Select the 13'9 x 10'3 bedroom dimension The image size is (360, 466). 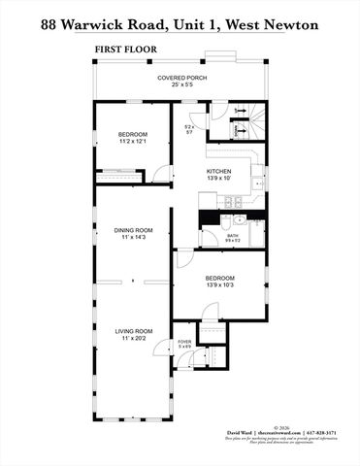coord(218,283)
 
